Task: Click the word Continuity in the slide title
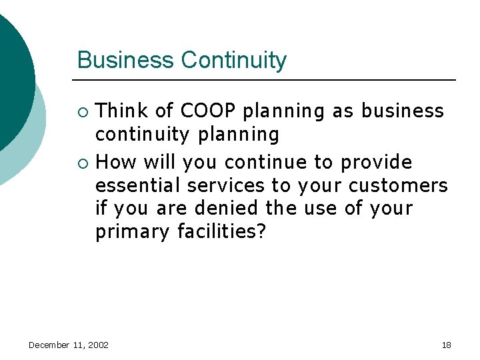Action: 234,61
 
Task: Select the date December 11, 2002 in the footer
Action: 69,345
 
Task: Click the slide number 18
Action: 446,345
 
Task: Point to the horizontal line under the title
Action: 267,80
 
